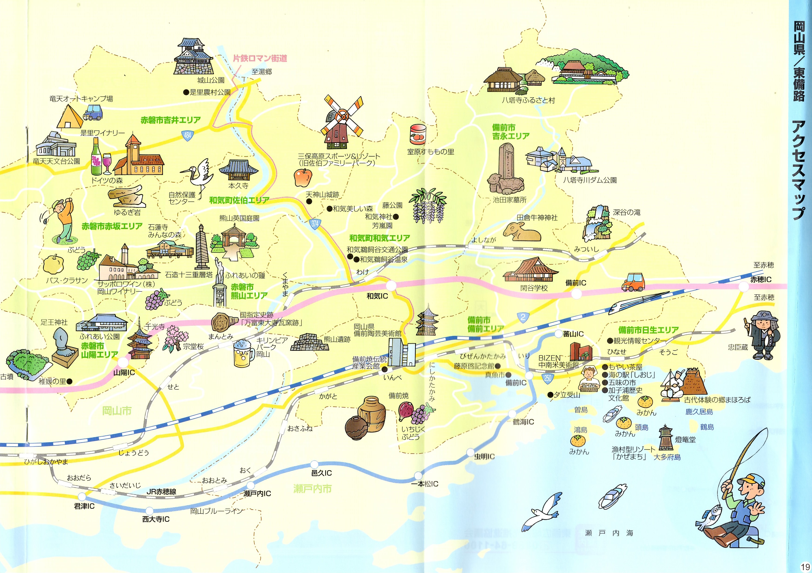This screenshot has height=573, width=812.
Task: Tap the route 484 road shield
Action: pos(187,135)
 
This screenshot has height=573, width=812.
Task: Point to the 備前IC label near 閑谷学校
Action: pos(576,283)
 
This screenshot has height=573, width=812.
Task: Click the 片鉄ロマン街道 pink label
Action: pos(260,58)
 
